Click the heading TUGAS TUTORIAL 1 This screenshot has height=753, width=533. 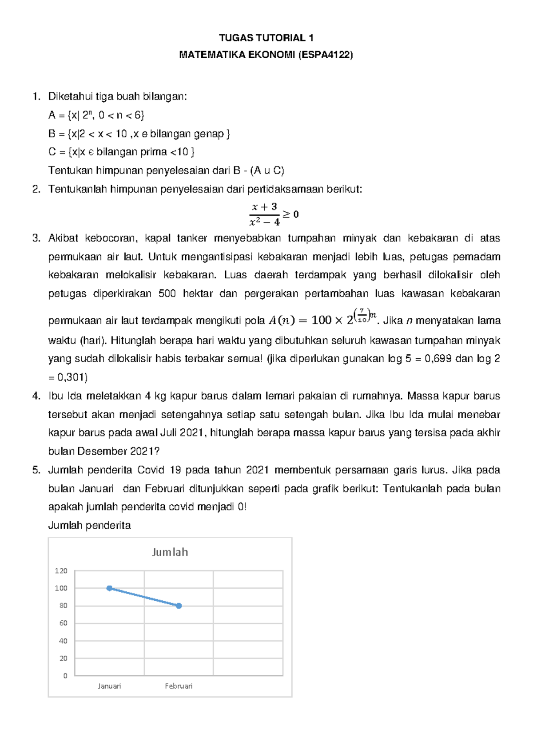click(x=266, y=38)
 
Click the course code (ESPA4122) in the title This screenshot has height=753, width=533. click(x=326, y=55)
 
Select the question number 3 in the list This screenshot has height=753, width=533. click(x=36, y=238)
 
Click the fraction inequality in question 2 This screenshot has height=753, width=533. click(x=273, y=214)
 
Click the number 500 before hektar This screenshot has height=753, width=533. click(x=167, y=293)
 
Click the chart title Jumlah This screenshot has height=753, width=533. click(x=170, y=552)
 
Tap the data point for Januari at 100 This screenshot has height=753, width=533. click(x=109, y=588)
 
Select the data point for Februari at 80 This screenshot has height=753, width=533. click(x=179, y=606)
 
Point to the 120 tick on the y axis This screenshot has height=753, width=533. click(x=61, y=571)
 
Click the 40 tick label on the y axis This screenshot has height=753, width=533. click(x=63, y=641)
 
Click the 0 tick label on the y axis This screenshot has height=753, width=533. click(x=65, y=676)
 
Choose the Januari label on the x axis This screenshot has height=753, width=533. click(x=109, y=686)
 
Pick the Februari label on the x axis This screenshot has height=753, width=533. click(x=179, y=686)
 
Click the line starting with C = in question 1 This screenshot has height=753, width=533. click(x=121, y=152)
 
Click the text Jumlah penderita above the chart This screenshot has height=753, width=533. click(x=89, y=525)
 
